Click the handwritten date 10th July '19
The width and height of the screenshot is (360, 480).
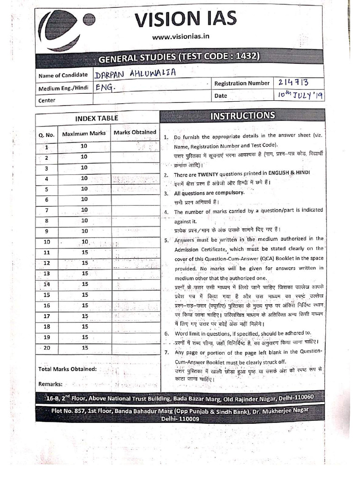pyautogui.click(x=300, y=95)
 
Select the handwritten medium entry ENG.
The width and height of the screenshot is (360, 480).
pyautogui.click(x=105, y=87)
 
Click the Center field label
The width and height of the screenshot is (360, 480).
pyautogui.click(x=47, y=100)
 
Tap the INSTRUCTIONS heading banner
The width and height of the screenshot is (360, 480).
pyautogui.click(x=242, y=116)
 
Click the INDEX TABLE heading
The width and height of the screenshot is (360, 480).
pyautogui.click(x=97, y=118)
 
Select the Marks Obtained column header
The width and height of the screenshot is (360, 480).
pyautogui.click(x=135, y=132)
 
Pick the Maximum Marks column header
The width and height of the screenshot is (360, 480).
pyautogui.click(x=84, y=134)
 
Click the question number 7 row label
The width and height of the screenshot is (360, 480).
pyautogui.click(x=46, y=210)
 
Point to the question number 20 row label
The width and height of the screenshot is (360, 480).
pyautogui.click(x=47, y=348)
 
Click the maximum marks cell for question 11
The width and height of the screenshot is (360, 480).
pyautogui.click(x=85, y=252)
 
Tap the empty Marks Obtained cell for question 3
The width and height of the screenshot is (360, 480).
pyautogui.click(x=135, y=168)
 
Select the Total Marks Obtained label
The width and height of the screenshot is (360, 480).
pyautogui.click(x=67, y=369)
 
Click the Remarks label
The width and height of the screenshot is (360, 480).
pyautogui.click(x=51, y=384)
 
